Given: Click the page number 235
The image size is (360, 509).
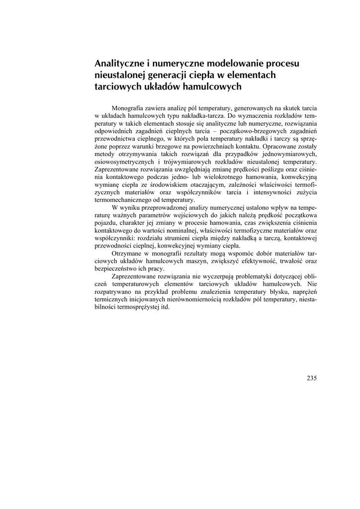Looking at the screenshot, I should click(312, 377).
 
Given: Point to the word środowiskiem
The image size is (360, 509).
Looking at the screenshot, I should click(159, 184).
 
